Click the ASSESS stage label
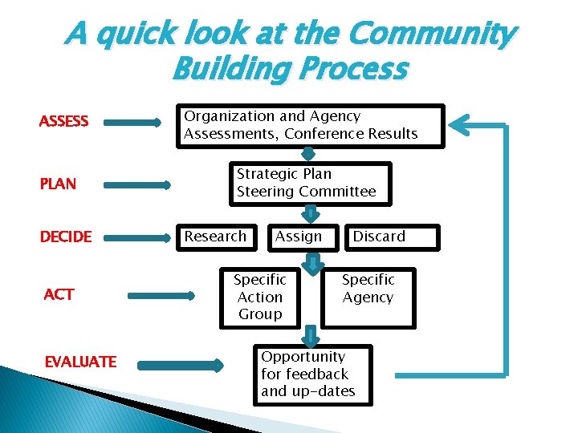click(x=63, y=122)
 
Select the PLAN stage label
click(x=58, y=184)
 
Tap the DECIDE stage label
click(x=66, y=237)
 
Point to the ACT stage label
click(x=59, y=294)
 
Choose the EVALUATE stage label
click(x=80, y=362)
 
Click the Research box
click(x=217, y=237)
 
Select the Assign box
click(x=299, y=237)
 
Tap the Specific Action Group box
click(x=260, y=297)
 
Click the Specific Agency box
click(x=368, y=297)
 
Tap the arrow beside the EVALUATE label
click(x=180, y=366)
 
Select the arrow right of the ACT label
click(x=161, y=296)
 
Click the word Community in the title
click(x=431, y=34)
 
